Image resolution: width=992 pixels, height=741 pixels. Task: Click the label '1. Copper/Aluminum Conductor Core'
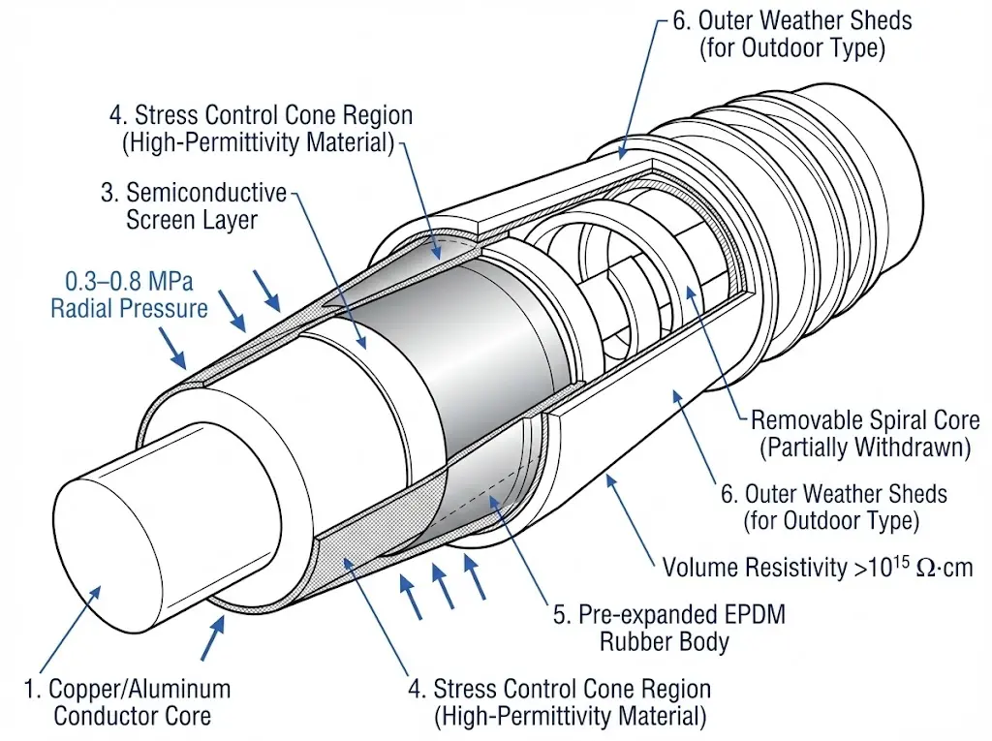[x=127, y=702]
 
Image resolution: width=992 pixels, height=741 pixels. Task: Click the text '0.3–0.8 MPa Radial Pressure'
[x=130, y=295]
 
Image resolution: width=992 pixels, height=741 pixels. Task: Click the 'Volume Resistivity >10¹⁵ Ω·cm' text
[x=817, y=567]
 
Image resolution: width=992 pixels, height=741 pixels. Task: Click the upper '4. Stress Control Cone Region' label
[x=262, y=129]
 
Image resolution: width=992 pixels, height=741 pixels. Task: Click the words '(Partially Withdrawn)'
[x=865, y=448]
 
